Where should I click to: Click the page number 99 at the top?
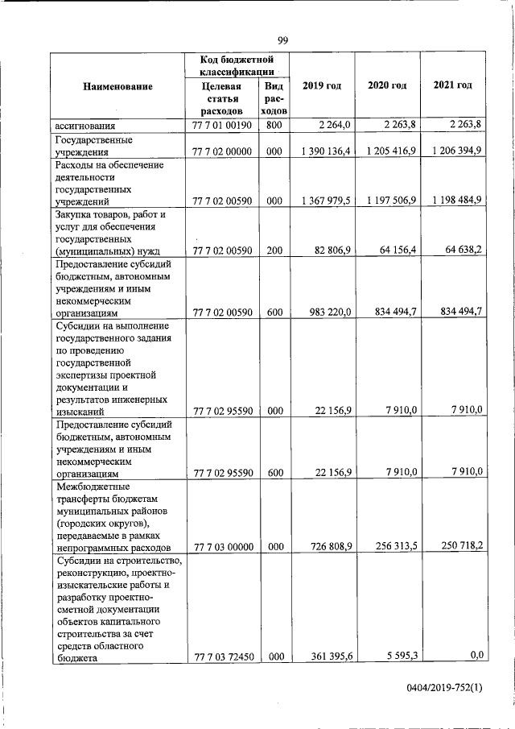point(283,41)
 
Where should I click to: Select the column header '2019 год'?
point(322,85)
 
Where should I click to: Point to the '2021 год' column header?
point(453,85)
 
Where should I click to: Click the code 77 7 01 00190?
point(223,125)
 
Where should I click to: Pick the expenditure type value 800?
point(274,125)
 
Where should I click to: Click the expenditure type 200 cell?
point(274,251)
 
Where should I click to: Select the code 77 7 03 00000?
point(223,547)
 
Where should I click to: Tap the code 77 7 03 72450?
point(223,657)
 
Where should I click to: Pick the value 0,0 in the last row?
point(475,656)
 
